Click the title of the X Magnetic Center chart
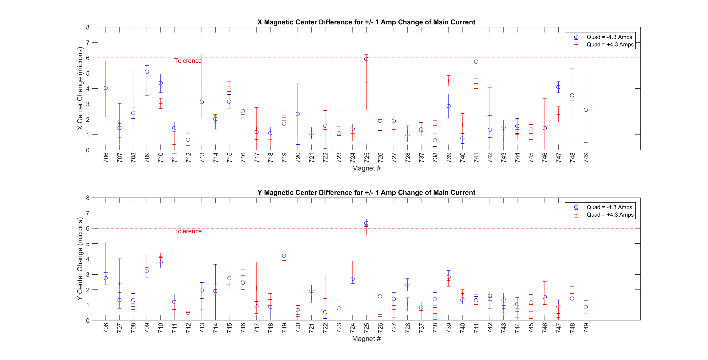pyautogui.click(x=366, y=22)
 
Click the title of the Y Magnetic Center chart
pyautogui.click(x=366, y=193)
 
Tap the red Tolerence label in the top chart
pyautogui.click(x=188, y=61)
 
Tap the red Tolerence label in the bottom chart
pyautogui.click(x=188, y=231)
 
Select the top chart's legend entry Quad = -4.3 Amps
pyautogui.click(x=609, y=37)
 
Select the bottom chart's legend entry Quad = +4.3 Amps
pyautogui.click(x=610, y=215)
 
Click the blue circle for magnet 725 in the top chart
pyautogui.click(x=366, y=59)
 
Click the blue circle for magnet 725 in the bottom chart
pyautogui.click(x=366, y=223)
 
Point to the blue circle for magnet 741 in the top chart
pyautogui.click(x=476, y=62)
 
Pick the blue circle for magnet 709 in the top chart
pyautogui.click(x=147, y=72)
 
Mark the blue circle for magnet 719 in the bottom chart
pyautogui.click(x=284, y=256)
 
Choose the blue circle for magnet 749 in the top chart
pyautogui.click(x=586, y=110)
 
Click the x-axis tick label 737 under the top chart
pyautogui.click(x=421, y=158)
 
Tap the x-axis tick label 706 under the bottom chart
pyautogui.click(x=106, y=328)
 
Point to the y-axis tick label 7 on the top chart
pyautogui.click(x=88, y=43)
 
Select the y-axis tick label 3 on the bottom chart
pyautogui.click(x=88, y=274)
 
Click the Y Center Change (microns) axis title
pyautogui.click(x=80, y=259)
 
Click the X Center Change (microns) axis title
pyautogui.click(x=80, y=88)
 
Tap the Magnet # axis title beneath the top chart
pyautogui.click(x=366, y=168)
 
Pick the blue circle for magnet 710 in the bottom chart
pyautogui.click(x=160, y=262)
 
